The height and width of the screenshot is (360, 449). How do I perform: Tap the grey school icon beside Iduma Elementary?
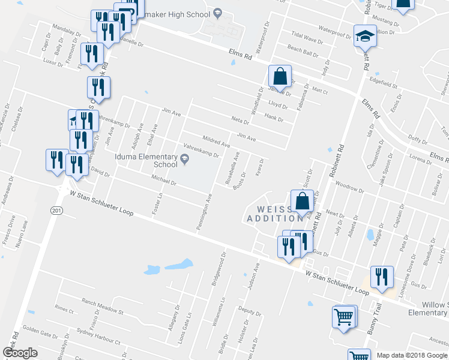[x=185, y=159]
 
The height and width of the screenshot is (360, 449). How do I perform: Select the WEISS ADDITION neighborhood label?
[x=270, y=214]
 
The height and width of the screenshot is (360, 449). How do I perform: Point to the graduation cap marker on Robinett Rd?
[x=364, y=38]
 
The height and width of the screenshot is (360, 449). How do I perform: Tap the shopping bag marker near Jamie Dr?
[x=280, y=77]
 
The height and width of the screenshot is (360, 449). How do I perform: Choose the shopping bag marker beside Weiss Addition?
[x=303, y=202]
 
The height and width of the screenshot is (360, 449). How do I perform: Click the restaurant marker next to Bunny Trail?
[x=382, y=277]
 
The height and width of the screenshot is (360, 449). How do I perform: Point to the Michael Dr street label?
[x=163, y=179]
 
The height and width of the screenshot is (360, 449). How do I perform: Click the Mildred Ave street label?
[x=216, y=141]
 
